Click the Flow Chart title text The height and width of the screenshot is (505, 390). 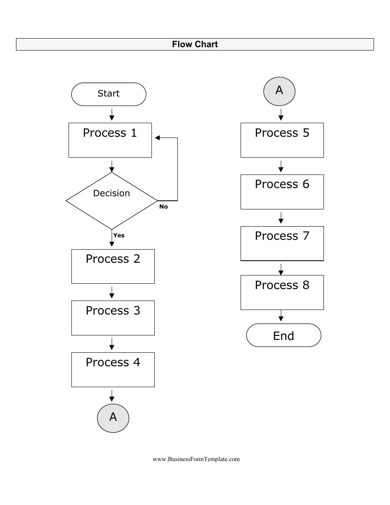tap(195, 44)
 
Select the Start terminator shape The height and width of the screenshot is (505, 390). tap(108, 94)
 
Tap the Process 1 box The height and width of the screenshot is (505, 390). tap(110, 140)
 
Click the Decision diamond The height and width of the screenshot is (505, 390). tap(111, 200)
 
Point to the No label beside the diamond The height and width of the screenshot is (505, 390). tap(163, 207)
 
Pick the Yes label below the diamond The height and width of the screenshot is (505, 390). tap(119, 235)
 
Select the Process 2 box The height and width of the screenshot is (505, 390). tap(113, 266)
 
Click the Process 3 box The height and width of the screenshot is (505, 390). tap(113, 318)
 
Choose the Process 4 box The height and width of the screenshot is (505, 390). tap(113, 370)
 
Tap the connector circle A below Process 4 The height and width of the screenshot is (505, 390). tap(113, 418)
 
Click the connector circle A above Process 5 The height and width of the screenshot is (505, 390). tap(279, 90)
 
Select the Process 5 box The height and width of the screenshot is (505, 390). tap(282, 140)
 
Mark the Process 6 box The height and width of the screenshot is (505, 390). tap(282, 192)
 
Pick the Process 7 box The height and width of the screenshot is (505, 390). tap(282, 243)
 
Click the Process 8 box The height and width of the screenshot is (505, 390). tap(282, 292)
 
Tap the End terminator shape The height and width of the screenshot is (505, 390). tap(283, 335)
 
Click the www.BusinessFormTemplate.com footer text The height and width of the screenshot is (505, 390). tap(196, 459)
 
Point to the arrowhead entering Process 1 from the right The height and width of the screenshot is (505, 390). tap(157, 138)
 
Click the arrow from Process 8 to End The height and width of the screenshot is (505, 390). tap(281, 316)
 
